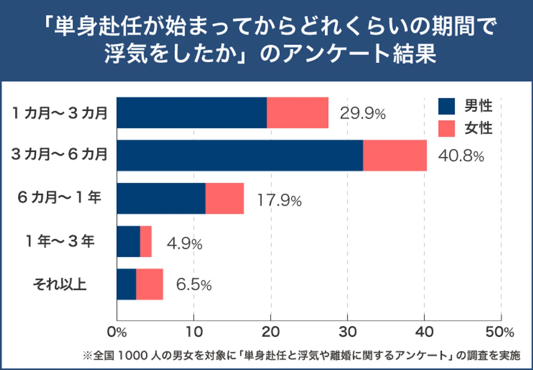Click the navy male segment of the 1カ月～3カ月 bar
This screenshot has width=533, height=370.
tap(191, 113)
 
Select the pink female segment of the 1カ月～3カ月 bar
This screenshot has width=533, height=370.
tap(297, 113)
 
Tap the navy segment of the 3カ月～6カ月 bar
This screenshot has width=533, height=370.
tap(239, 155)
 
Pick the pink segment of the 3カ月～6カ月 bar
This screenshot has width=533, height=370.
tap(395, 155)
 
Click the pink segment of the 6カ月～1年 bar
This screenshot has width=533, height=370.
tap(224, 198)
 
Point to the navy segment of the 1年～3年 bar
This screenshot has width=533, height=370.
tap(128, 241)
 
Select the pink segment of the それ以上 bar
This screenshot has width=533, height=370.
tap(149, 284)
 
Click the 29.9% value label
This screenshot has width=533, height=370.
tap(362, 113)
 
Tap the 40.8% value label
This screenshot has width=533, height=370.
tap(461, 156)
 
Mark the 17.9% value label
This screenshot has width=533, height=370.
tap(279, 200)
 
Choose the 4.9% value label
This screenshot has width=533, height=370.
tap(184, 244)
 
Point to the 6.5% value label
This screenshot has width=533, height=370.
tap(194, 285)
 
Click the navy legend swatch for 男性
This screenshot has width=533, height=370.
tap(446, 106)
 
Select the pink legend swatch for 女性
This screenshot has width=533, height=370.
tap(446, 129)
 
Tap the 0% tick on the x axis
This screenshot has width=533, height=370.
tap(117, 332)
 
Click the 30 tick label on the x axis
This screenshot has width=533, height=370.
tap(347, 332)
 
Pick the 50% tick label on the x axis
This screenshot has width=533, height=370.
tap(500, 332)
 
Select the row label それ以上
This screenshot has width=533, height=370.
tap(60, 284)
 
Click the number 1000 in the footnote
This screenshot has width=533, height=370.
tap(132, 356)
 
